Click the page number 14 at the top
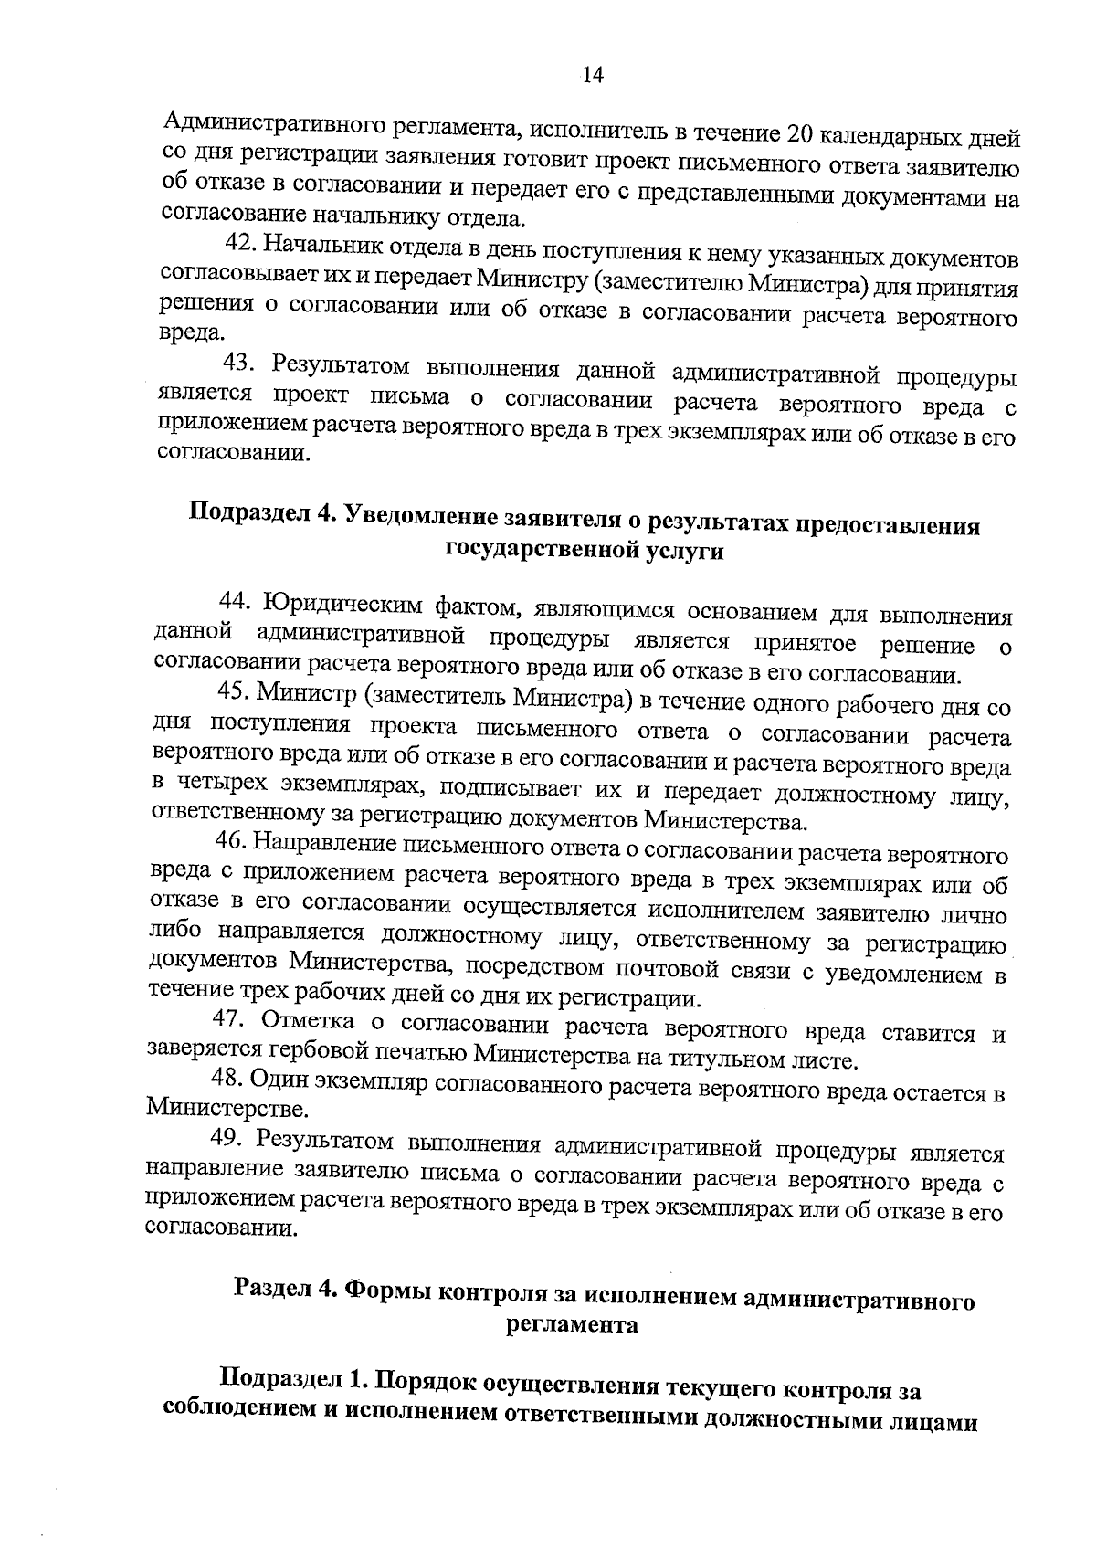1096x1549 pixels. pyautogui.click(x=593, y=77)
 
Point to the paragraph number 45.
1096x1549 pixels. pyautogui.click(x=233, y=692)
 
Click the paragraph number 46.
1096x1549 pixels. pyautogui.click(x=230, y=840)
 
